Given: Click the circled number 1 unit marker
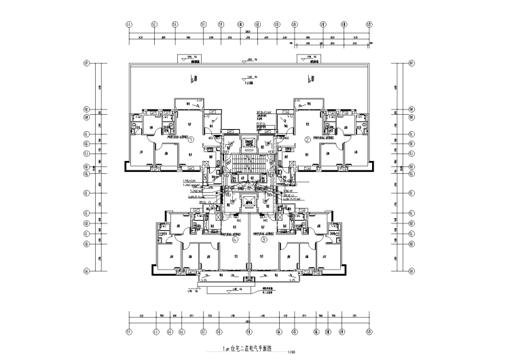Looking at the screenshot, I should pos(191,141).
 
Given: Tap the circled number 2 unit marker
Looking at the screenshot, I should pos(307,141).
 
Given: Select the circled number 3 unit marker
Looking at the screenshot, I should pos(265,239).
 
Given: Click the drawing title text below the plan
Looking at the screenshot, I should pos(242,348).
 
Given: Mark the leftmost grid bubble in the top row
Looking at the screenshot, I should pos(129,25).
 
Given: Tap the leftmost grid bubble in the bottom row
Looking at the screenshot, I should pos(129,332).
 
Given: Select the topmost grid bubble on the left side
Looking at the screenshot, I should pos(87,65).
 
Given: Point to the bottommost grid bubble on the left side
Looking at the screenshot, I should pos(87,270).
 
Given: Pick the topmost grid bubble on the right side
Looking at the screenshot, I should pos(412,65).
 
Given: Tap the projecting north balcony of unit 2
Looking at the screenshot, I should pos(307,103).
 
